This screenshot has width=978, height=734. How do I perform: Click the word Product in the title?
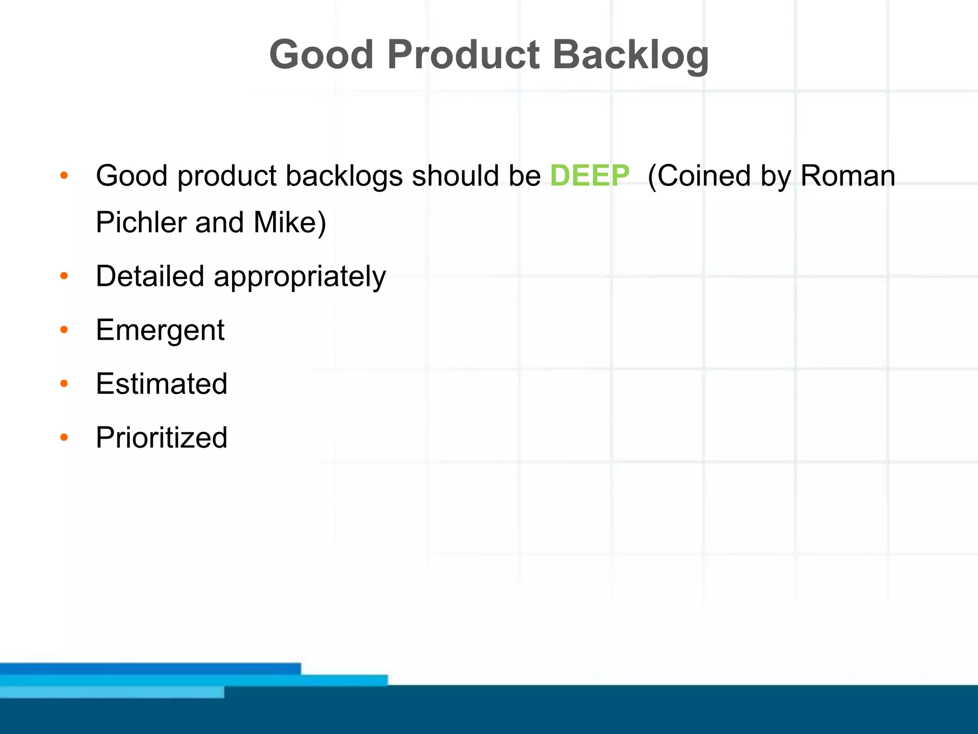tap(463, 55)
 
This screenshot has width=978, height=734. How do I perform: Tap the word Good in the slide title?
tap(321, 55)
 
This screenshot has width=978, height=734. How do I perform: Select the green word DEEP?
tap(590, 175)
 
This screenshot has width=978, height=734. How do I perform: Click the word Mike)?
tap(290, 222)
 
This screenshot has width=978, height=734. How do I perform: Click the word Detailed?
tap(150, 276)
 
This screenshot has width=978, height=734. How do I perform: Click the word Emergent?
tap(160, 330)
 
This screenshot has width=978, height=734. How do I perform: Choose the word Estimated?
tap(161, 384)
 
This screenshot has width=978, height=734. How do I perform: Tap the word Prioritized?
tap(161, 437)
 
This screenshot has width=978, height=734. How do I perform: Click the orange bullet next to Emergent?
tap(64, 330)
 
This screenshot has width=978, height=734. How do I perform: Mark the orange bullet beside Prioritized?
tap(64, 437)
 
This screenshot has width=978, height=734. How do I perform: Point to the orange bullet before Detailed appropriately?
tap(64, 276)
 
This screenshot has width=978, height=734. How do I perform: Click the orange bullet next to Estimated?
tap(64, 383)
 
